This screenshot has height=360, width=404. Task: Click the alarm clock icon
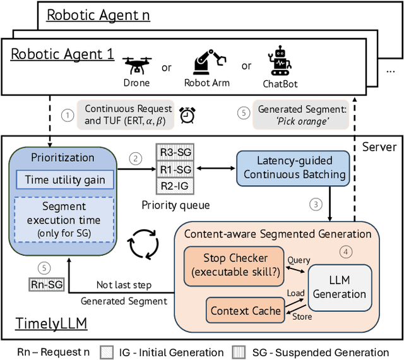coord(186,115)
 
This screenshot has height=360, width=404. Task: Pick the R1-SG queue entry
coord(175,171)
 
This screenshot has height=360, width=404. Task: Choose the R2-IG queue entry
coord(175,186)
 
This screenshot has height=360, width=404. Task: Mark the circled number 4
coord(344,251)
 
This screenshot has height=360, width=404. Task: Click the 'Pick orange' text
coord(302,121)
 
